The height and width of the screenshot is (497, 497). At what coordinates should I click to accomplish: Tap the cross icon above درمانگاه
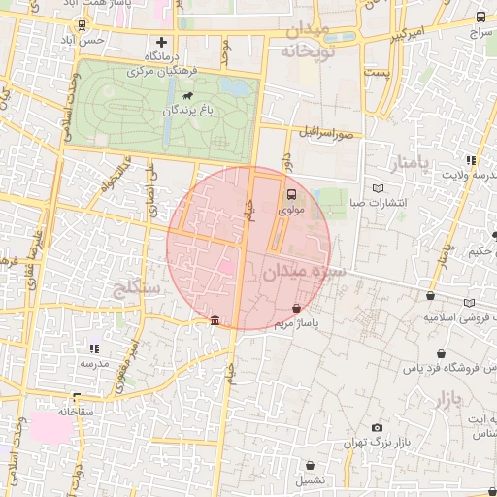[x=162, y=42]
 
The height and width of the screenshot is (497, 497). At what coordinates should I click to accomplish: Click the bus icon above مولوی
[x=292, y=193]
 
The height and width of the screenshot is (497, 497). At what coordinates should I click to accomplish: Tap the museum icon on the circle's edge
[x=215, y=321]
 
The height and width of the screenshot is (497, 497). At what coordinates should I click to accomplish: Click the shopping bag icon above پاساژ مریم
[x=295, y=308]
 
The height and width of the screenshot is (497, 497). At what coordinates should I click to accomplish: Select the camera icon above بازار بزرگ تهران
[x=378, y=427]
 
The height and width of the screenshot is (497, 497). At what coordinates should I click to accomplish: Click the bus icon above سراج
[x=481, y=17]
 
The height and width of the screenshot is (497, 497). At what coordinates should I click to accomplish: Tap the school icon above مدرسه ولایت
[x=471, y=160]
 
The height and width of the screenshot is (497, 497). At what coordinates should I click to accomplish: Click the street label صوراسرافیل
[x=334, y=131]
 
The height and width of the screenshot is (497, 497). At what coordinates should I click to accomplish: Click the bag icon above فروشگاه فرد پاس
[x=443, y=354]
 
